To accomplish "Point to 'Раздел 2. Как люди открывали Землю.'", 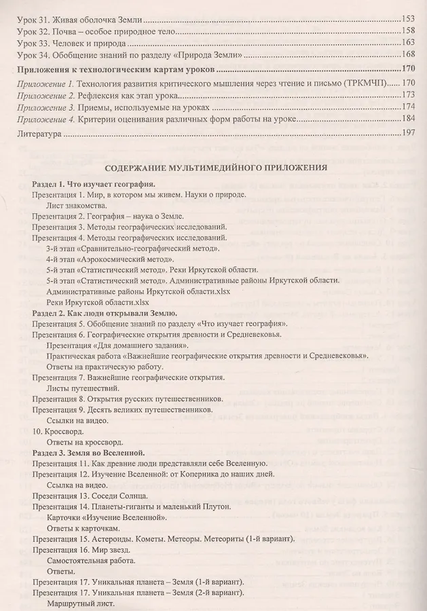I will (105, 314).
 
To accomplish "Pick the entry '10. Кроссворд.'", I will (60, 431).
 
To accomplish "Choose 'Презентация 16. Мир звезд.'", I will (86, 550).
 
